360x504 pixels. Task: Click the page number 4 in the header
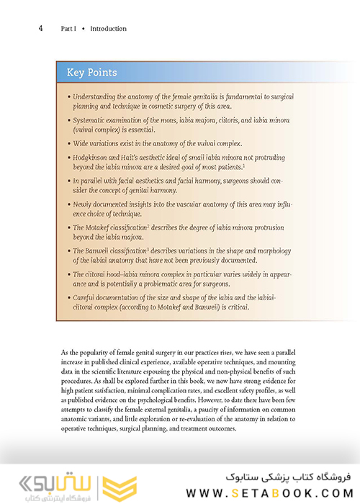point(40,29)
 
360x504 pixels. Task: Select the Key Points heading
point(91,73)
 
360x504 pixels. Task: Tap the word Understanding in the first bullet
point(97,96)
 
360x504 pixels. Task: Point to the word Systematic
point(92,118)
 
